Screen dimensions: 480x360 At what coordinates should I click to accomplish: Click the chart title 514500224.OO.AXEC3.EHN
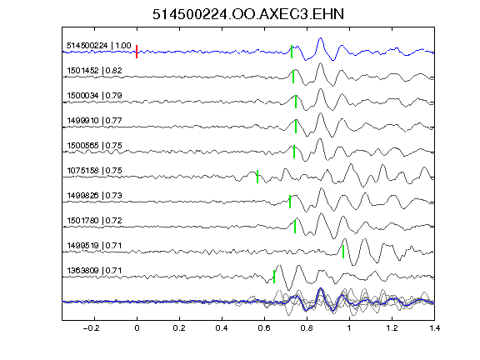[x=248, y=14]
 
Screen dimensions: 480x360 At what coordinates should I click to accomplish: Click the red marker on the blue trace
[x=137, y=52]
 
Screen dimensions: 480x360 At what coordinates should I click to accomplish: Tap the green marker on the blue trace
[x=292, y=52]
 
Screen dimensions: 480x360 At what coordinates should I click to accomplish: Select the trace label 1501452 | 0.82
[x=95, y=71]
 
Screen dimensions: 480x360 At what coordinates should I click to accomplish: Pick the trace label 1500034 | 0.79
[x=95, y=96]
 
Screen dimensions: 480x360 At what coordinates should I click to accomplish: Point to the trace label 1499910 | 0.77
[x=95, y=121]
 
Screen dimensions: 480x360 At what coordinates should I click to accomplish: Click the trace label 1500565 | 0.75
[x=95, y=145]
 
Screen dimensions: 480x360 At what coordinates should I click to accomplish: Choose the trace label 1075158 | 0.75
[x=95, y=171]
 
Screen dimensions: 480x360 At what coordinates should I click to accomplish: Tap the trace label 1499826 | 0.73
[x=95, y=196]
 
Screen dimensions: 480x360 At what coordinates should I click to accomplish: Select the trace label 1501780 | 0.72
[x=95, y=221]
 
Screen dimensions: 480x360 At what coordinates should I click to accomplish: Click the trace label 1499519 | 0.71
[x=95, y=246]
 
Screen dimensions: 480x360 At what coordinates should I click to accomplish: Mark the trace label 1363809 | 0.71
[x=95, y=271]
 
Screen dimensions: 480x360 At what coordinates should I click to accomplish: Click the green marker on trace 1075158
[x=257, y=177]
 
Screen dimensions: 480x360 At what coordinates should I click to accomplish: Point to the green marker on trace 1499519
[x=343, y=252]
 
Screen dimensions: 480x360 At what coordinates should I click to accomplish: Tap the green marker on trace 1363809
[x=274, y=277]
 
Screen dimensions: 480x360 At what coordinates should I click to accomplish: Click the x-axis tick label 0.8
[x=307, y=328]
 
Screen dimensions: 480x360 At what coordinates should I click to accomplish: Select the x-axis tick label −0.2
[x=92, y=328]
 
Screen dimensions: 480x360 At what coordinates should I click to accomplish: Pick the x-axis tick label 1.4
[x=435, y=328]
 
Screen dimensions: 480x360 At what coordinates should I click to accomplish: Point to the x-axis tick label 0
[x=137, y=328]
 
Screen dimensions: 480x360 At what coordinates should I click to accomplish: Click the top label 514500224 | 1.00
[x=99, y=46]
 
